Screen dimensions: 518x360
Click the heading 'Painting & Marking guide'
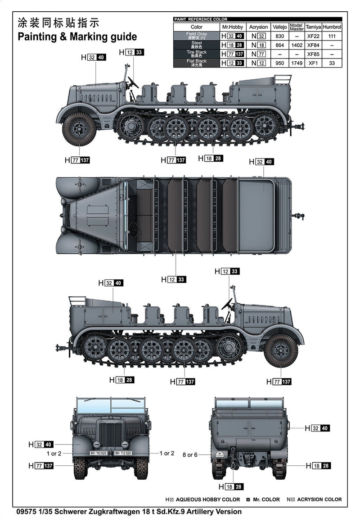(x=77, y=37)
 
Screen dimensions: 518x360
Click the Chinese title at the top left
(x=58, y=23)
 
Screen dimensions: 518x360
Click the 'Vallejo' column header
(x=279, y=27)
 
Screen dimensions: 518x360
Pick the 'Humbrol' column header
(x=332, y=27)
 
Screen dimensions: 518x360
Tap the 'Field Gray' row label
(x=196, y=36)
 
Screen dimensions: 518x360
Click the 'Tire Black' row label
(x=196, y=54)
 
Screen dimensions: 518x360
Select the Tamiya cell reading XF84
(x=313, y=45)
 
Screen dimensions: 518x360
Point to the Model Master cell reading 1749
(x=297, y=63)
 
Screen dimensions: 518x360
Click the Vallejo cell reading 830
(x=279, y=36)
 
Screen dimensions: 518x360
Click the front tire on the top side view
(x=79, y=129)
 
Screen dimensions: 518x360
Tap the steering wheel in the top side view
(x=133, y=82)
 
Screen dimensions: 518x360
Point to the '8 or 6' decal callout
(x=190, y=455)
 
